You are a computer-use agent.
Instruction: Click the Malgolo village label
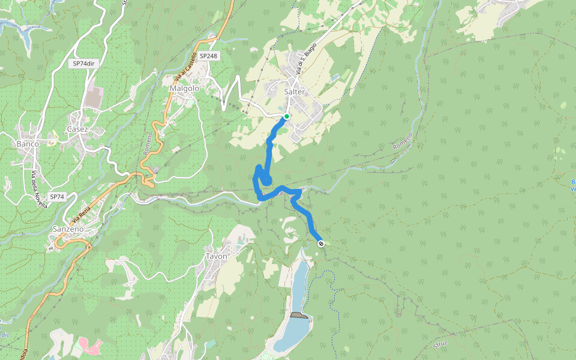pos(184,88)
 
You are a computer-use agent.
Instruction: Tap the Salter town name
pos(295,92)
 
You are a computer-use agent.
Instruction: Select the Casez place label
pos(77,130)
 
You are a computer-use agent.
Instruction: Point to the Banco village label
pos(28,144)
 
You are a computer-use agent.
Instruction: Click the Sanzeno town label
pos(68,229)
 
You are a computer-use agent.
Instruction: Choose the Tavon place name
pos(217,256)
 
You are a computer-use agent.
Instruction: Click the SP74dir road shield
pos(84,63)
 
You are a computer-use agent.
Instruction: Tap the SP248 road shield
pos(208,56)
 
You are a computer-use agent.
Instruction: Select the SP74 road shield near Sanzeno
pos(57,196)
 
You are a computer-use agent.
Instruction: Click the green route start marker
pos(287,116)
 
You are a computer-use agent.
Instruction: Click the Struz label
pos(441,344)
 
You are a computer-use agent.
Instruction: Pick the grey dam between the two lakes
pos(299,315)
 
